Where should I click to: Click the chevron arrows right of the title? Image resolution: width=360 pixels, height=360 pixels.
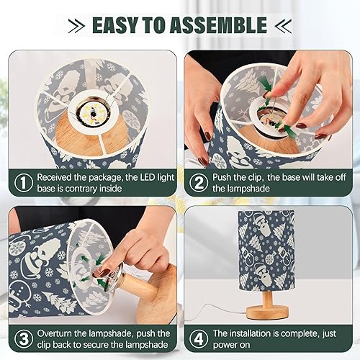[x=282, y=26]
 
